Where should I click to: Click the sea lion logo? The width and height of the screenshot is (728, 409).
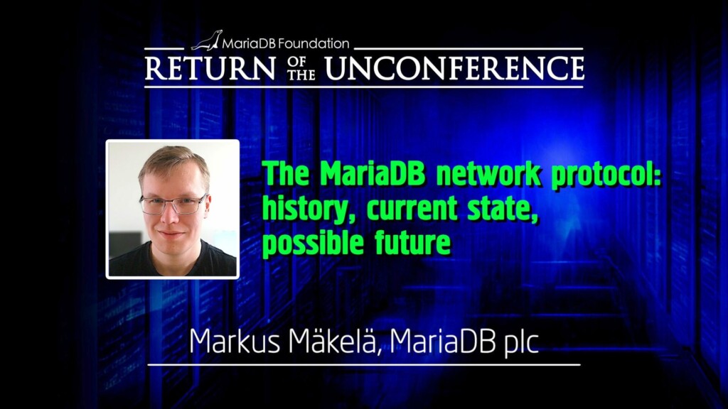(x=207, y=40)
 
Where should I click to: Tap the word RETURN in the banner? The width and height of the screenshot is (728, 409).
(x=210, y=68)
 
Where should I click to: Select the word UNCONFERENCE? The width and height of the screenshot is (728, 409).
(x=454, y=68)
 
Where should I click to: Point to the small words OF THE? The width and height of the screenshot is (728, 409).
(x=301, y=68)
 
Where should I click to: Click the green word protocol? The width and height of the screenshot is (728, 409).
(x=606, y=175)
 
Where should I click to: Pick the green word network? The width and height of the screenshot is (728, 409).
(x=488, y=174)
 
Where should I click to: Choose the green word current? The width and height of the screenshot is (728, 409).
(x=412, y=209)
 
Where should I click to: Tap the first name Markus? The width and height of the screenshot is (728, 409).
(x=235, y=341)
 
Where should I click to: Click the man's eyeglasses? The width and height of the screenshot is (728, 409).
(x=173, y=204)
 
